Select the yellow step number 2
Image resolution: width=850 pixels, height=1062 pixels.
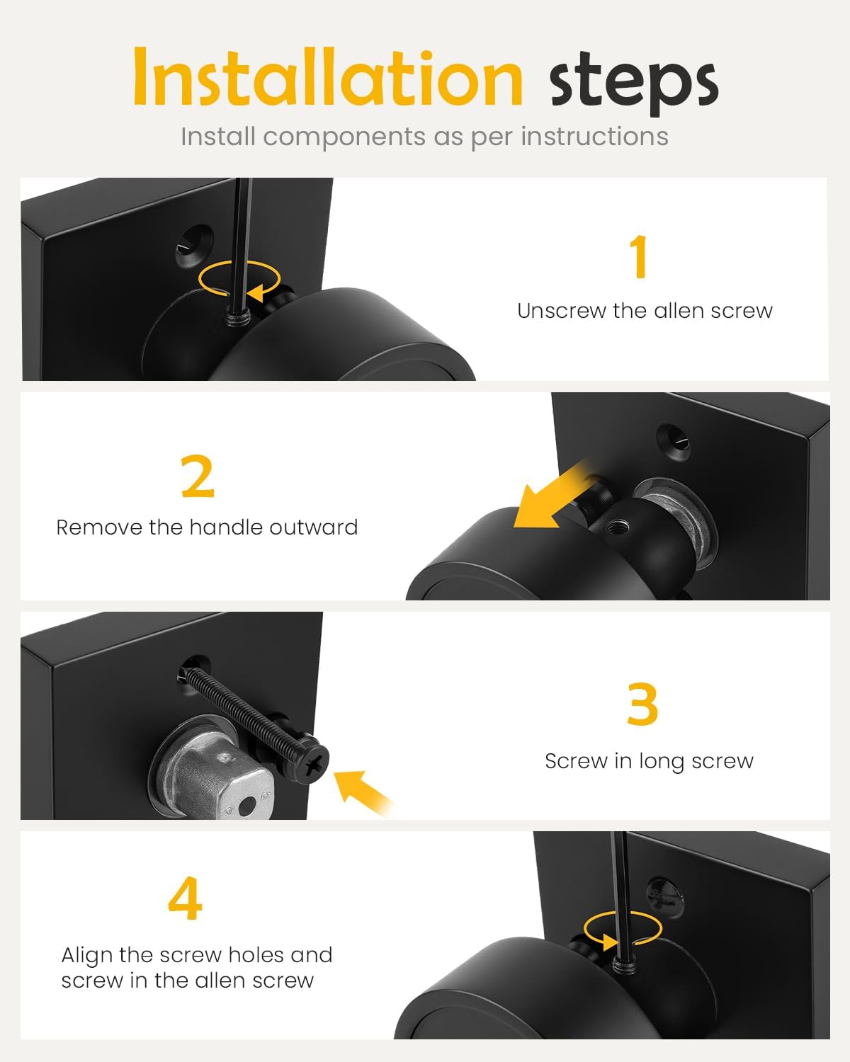[x=198, y=477]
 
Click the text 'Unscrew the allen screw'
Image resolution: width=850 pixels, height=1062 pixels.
[x=645, y=311]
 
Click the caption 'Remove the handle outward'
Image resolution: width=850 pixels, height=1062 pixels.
[x=207, y=527]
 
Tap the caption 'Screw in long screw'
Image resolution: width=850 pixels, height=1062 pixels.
[x=649, y=761]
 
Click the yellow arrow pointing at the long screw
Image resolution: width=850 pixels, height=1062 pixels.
[x=360, y=792]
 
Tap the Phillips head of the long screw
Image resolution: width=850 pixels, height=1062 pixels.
[x=315, y=765]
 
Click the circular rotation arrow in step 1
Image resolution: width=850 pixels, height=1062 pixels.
[x=239, y=278]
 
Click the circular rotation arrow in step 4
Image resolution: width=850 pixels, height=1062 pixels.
[x=623, y=930]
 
